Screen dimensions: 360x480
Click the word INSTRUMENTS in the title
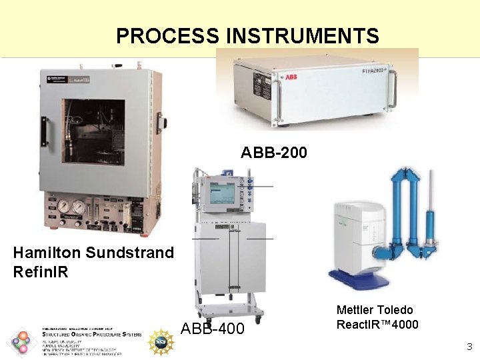click(303, 35)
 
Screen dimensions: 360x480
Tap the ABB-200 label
click(273, 153)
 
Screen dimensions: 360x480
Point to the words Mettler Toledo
click(375, 310)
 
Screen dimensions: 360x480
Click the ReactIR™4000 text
click(377, 325)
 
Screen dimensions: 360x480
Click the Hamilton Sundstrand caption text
click(93, 253)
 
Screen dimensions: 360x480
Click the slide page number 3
click(469, 346)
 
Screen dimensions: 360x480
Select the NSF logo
click(161, 342)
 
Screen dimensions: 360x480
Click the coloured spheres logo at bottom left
click(21, 341)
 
